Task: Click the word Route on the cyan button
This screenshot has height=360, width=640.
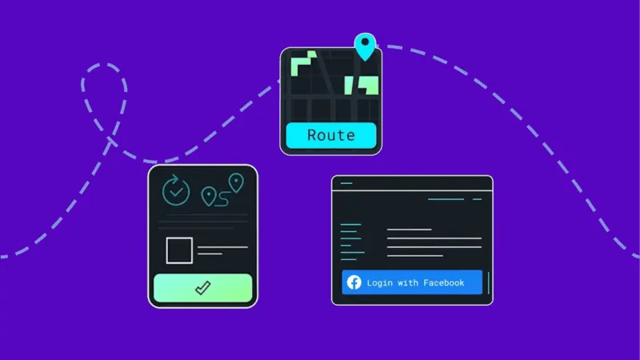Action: [x=330, y=135]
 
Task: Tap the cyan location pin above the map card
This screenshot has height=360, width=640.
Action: [x=365, y=46]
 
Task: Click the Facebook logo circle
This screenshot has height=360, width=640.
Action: [x=354, y=282]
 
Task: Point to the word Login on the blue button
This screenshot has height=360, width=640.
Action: [x=379, y=282]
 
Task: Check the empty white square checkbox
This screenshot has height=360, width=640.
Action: [x=179, y=250]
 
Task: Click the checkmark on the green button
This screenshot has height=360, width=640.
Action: [x=202, y=288]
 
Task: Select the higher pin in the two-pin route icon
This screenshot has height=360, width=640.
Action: [x=235, y=182]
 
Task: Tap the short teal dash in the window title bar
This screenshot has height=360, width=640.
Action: [x=346, y=183]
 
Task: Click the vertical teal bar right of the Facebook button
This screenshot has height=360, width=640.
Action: [x=488, y=282]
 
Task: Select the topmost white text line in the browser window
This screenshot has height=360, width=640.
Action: [x=409, y=230]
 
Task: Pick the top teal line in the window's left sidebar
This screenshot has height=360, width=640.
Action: [x=350, y=226]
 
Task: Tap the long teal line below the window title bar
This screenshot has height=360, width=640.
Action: [x=446, y=198]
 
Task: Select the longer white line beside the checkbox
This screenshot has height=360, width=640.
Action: [x=222, y=247]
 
